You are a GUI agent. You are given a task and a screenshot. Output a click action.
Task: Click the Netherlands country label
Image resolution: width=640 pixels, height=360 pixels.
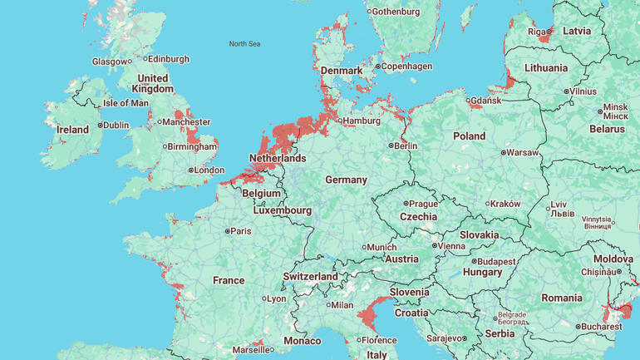click(x=278, y=158)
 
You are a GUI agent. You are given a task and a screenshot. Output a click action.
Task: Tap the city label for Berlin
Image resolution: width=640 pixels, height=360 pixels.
click(x=406, y=145)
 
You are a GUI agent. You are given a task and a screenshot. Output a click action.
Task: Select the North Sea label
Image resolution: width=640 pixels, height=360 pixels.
click(x=244, y=43)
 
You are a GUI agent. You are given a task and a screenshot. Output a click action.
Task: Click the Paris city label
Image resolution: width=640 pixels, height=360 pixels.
click(x=240, y=231)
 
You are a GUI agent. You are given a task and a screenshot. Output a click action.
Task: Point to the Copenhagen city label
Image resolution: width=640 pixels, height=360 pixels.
click(x=406, y=67)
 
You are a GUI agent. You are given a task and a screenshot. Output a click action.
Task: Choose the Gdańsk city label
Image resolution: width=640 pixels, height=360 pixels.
click(x=486, y=101)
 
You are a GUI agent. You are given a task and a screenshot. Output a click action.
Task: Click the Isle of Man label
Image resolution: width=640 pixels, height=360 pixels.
click(x=125, y=103)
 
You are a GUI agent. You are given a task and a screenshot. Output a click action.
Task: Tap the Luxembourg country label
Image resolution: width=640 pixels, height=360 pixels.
click(x=283, y=210)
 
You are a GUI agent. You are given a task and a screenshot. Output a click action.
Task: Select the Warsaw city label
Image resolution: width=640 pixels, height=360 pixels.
click(x=522, y=152)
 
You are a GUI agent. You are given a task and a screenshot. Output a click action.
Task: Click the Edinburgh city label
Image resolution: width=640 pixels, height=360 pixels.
click(x=169, y=59)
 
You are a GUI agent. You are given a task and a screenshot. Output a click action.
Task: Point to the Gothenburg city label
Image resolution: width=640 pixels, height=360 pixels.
click(x=396, y=12)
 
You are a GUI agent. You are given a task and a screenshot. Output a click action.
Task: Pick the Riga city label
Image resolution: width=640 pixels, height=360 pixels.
click(x=537, y=32)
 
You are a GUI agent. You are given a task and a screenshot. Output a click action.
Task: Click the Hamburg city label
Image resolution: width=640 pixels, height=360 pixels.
click(x=361, y=121)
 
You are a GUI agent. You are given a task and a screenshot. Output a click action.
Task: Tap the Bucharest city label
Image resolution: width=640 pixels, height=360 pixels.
click(x=602, y=327)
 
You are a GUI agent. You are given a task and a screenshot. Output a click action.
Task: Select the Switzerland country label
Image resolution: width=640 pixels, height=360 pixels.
click(x=310, y=276)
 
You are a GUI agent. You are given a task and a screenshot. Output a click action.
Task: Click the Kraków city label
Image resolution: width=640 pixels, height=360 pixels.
click(x=505, y=204)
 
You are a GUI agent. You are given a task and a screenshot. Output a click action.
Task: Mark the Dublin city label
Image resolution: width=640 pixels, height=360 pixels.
click(x=116, y=126)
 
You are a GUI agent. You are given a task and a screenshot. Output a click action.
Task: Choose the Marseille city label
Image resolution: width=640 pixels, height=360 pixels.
click(x=251, y=350)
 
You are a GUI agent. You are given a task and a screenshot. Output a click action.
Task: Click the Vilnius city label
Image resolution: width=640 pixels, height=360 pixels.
click(x=583, y=91)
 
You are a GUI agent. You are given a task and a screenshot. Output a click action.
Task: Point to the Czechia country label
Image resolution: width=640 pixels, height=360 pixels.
click(x=418, y=216)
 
